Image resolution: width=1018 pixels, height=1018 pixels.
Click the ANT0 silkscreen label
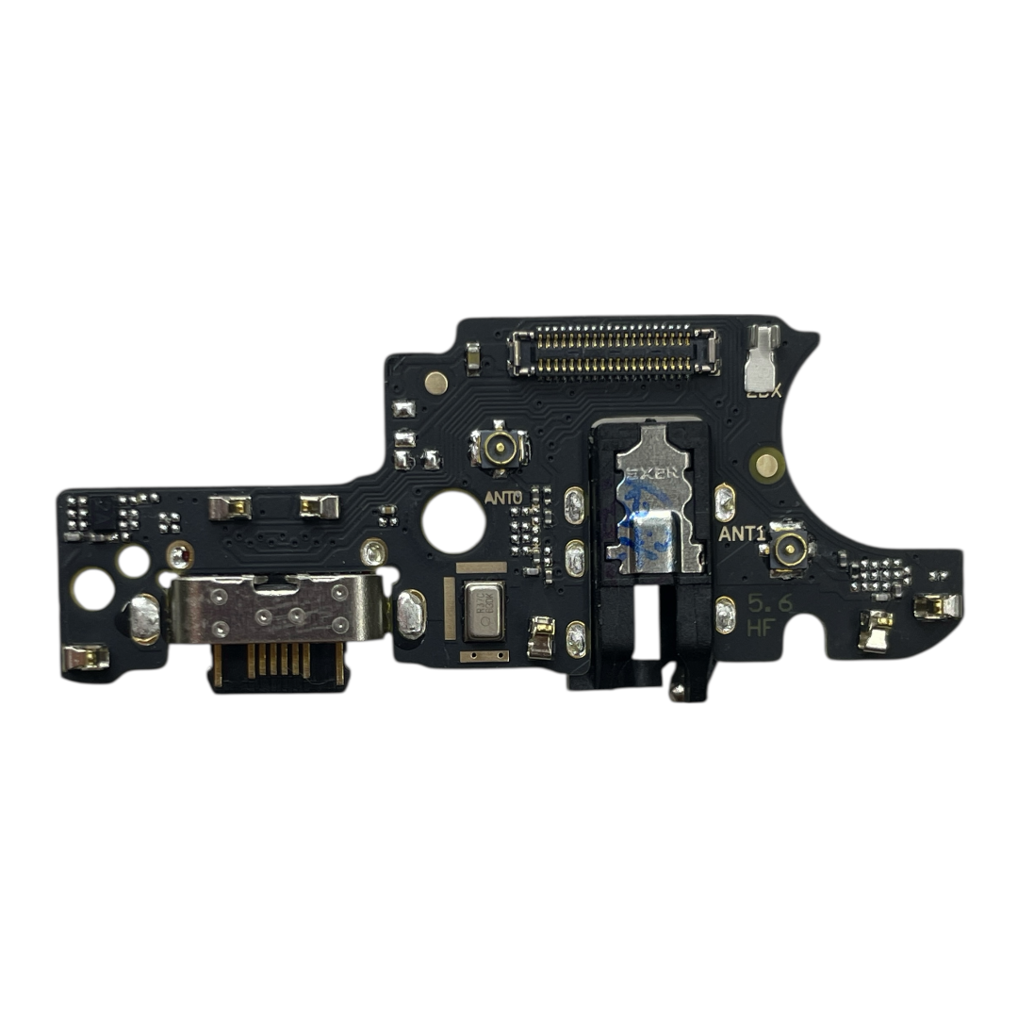pos(502,497)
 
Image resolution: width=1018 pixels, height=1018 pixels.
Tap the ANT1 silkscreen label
pos(741,534)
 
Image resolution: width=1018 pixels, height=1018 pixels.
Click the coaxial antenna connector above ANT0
pos(500,449)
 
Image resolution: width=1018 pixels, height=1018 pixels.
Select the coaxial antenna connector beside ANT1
pos(788,546)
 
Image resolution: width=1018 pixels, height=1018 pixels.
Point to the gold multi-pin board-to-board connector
pos(613,352)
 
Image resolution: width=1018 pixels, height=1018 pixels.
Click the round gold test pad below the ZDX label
pos(767,463)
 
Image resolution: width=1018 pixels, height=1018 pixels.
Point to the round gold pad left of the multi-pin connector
pos(435,382)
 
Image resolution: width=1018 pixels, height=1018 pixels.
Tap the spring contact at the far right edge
pos(935,606)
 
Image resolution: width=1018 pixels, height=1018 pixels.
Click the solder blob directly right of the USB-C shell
pos(410,614)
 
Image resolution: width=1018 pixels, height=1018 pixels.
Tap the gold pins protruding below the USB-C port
pos(277,662)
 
